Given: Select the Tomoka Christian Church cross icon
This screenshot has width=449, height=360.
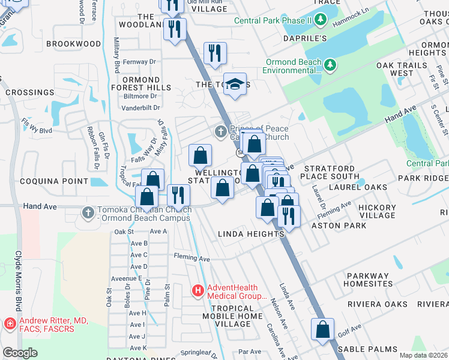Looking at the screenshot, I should click(88, 213).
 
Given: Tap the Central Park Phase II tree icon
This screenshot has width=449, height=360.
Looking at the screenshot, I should click(321, 21).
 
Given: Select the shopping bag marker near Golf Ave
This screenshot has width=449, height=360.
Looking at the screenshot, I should click(322, 329).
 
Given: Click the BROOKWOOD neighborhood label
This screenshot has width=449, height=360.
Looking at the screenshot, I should click(73, 44).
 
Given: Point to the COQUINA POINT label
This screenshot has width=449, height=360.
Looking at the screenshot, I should click(46, 181).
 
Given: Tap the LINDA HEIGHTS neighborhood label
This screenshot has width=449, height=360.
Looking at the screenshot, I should click(250, 234).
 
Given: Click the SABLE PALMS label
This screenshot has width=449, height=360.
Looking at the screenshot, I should click(367, 349).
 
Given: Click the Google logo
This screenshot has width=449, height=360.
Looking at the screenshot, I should click(20, 353).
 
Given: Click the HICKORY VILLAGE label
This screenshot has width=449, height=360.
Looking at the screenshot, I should click(377, 211).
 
